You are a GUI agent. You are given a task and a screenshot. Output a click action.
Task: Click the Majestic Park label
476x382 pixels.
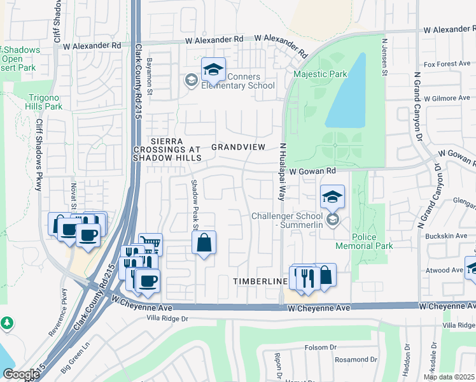[x=320, y=74]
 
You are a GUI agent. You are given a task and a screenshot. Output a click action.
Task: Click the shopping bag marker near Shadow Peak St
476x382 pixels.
[x=203, y=243]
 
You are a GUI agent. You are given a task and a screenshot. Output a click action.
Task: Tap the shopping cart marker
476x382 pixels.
[x=150, y=243]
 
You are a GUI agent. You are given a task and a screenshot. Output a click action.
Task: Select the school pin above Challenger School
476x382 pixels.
[x=332, y=197]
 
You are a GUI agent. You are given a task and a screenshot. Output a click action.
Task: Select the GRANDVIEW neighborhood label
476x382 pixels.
[x=238, y=146]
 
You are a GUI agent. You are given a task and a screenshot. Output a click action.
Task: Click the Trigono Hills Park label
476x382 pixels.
[x=45, y=102]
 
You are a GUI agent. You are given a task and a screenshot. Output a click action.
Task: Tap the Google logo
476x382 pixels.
[x=21, y=374]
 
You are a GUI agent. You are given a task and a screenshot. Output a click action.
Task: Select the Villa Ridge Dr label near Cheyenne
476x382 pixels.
[x=168, y=318]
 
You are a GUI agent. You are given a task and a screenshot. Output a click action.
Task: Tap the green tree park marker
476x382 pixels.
[x=7, y=323]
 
